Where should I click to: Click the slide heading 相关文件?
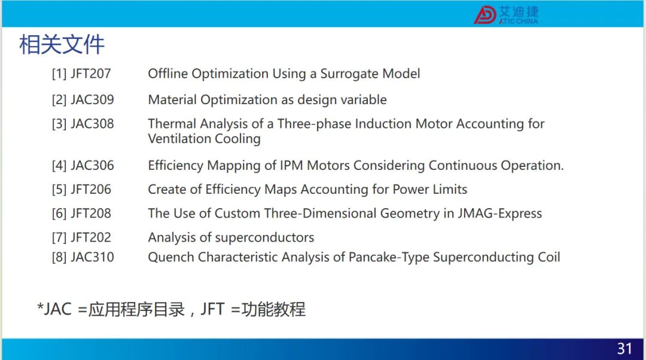pos(62,44)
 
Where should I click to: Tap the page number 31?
pos(624,349)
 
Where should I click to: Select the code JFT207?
pos(91,74)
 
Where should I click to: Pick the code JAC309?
pos(92,100)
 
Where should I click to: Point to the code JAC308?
pos(92,124)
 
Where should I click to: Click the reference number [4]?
pos(59,166)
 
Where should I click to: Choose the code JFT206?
pos(91,190)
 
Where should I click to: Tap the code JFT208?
pos(91,213)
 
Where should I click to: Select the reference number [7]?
pos(59,237)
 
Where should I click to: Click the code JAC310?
pos(92,257)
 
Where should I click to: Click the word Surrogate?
pos(350,74)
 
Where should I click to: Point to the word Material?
pos(172,100)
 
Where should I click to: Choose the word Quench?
pos(171,257)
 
